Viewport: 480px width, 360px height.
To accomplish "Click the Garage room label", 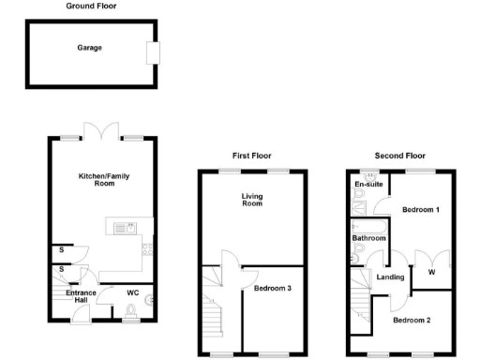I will pos(90,48).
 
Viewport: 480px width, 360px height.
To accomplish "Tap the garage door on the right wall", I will pos(152,52).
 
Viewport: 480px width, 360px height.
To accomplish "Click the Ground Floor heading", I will pos(91,6).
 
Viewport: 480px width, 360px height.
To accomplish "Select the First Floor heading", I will pos(251,156).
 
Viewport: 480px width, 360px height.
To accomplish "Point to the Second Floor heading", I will pos(399,156).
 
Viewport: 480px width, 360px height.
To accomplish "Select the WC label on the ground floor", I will pos(132,292).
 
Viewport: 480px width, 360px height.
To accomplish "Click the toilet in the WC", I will pos(131,310).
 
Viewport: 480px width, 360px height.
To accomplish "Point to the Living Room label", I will pos(252,200).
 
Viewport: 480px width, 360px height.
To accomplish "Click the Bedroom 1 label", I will pos(421,210).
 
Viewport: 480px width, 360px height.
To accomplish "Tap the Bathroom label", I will pos(368,239).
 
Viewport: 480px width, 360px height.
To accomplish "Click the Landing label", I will pos(390,277).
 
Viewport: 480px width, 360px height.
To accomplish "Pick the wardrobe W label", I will pos(431,273).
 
